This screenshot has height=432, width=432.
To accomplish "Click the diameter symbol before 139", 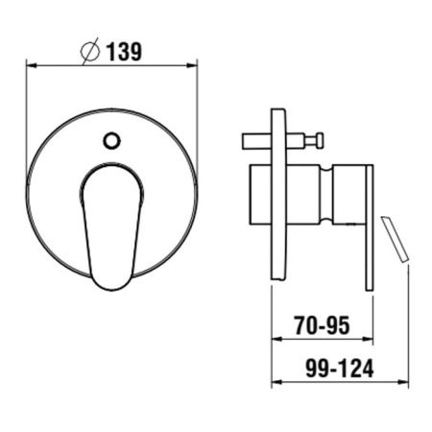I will (92, 51).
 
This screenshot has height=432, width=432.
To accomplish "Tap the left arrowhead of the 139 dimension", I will (30, 65).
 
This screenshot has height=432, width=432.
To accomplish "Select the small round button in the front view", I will (111, 141).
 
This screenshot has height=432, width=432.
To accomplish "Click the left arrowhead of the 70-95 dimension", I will (276, 339).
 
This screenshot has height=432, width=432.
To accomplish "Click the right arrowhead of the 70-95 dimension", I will (369, 339).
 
